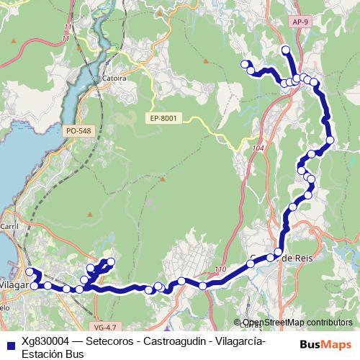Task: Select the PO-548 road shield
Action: pos(78,131)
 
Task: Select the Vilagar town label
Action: pos(13,284)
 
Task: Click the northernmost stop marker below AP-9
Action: pos(285,50)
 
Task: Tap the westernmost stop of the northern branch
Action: pos(244,63)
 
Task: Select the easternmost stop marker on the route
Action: pos(330,140)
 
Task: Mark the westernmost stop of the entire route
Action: pos(30,271)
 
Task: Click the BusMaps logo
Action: pos(330,345)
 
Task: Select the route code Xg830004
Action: pos(45,341)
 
